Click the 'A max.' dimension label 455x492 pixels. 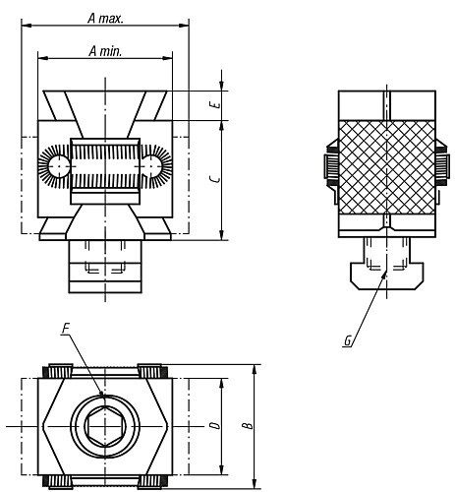pyautogui.click(x=105, y=18)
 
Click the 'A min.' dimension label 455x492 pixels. pyautogui.click(x=104, y=50)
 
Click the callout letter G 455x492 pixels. pyautogui.click(x=349, y=341)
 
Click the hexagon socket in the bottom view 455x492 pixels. pyautogui.click(x=104, y=426)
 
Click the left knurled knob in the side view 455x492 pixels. pyautogui.click(x=330, y=166)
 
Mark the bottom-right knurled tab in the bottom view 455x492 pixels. pyautogui.click(x=152, y=481)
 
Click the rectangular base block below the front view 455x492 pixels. pyautogui.click(x=104, y=268)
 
